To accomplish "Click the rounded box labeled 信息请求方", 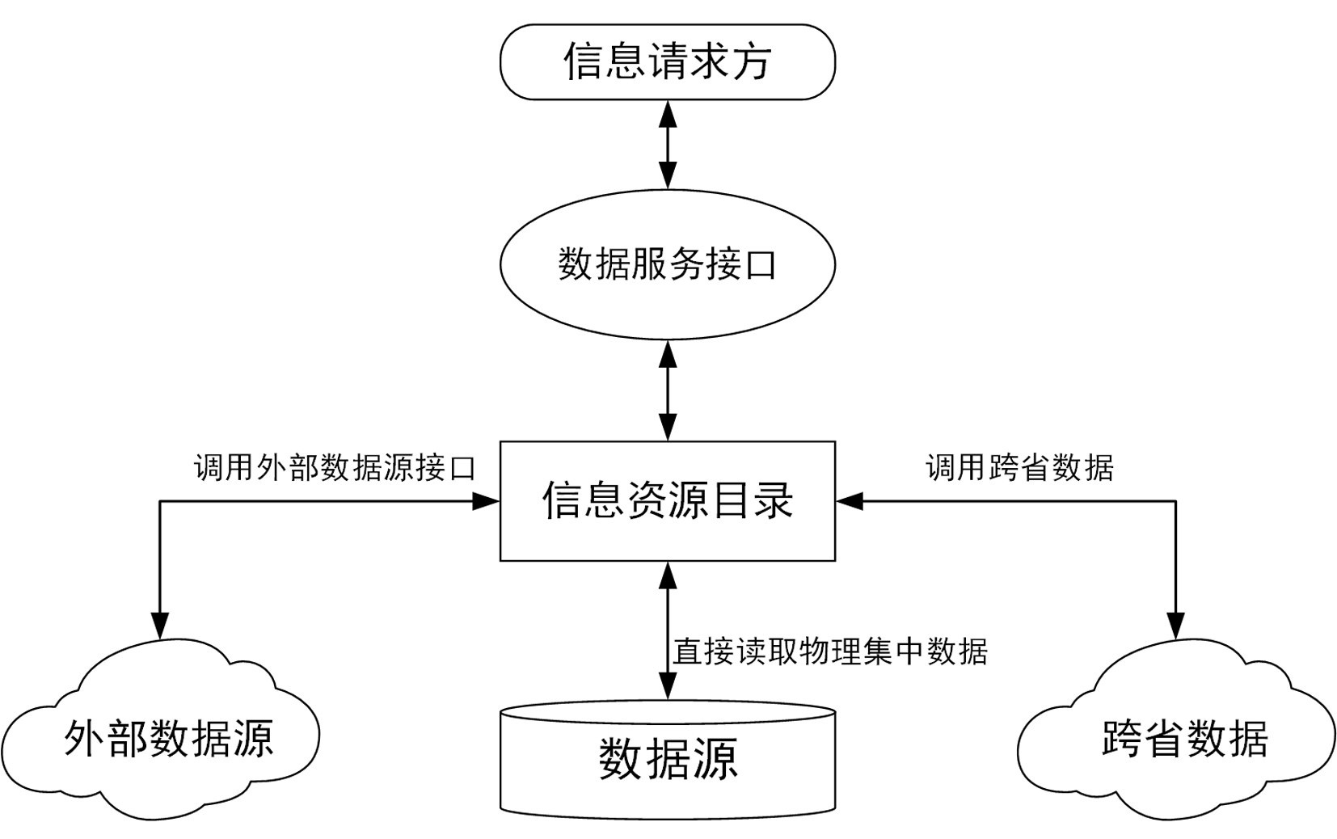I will [x=667, y=62].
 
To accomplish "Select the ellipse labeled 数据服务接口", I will [x=667, y=264].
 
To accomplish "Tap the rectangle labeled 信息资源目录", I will [x=667, y=500].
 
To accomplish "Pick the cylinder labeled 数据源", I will [x=667, y=760].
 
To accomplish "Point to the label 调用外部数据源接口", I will [x=335, y=467].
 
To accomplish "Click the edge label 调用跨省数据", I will [x=1019, y=467].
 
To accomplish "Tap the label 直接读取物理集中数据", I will [x=830, y=651].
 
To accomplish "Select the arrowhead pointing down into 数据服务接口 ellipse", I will [x=668, y=175].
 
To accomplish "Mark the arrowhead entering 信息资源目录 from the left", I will [x=487, y=501].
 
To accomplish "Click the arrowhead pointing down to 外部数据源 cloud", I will [x=160, y=626].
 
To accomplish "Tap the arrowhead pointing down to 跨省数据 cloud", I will [x=1175, y=626].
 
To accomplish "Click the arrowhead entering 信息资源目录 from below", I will [x=668, y=574].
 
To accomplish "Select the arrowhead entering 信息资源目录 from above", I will [x=668, y=428].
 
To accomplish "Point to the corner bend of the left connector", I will [x=160, y=501].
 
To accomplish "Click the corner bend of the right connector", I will [x=1175, y=501].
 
